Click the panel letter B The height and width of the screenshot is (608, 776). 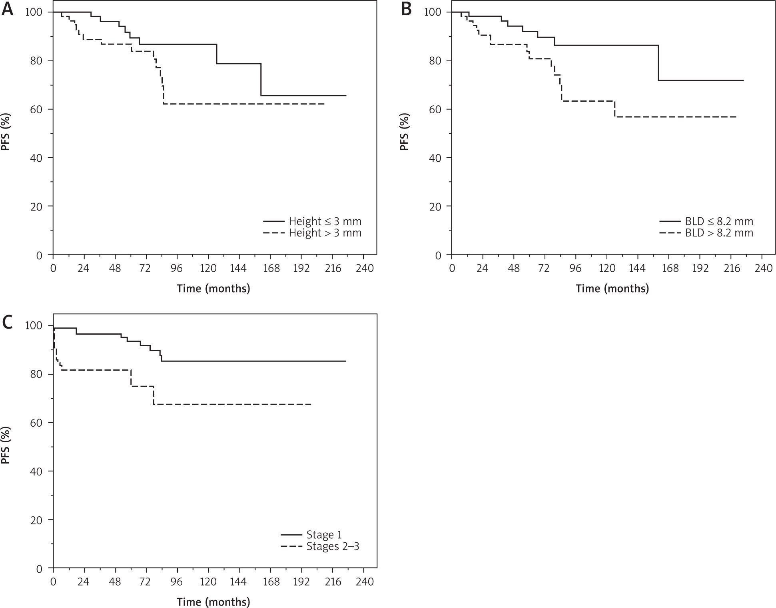coord(406,9)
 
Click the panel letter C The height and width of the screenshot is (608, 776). coord(8,323)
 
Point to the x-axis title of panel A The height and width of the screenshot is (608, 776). coord(213,289)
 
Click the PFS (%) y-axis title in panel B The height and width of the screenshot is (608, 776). coord(404,132)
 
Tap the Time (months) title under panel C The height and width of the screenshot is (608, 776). coord(213,602)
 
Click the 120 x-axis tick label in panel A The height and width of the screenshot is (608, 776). coord(208,268)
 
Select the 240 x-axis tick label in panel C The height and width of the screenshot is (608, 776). coord(364,581)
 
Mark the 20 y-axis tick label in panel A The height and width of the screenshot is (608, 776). coord(37,207)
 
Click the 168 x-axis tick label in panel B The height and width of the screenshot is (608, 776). coord(670,268)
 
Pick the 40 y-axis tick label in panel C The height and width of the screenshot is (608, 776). coord(37,472)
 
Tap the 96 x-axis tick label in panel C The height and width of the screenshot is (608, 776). coord(177,581)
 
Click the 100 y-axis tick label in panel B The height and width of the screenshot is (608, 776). coord(433,12)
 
